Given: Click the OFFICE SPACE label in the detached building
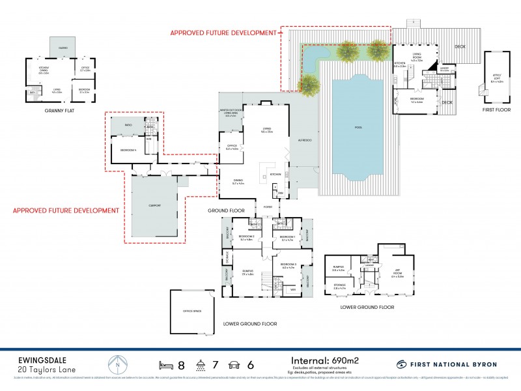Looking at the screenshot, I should coord(191,311).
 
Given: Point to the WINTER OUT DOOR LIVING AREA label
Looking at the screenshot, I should coord(231,113).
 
